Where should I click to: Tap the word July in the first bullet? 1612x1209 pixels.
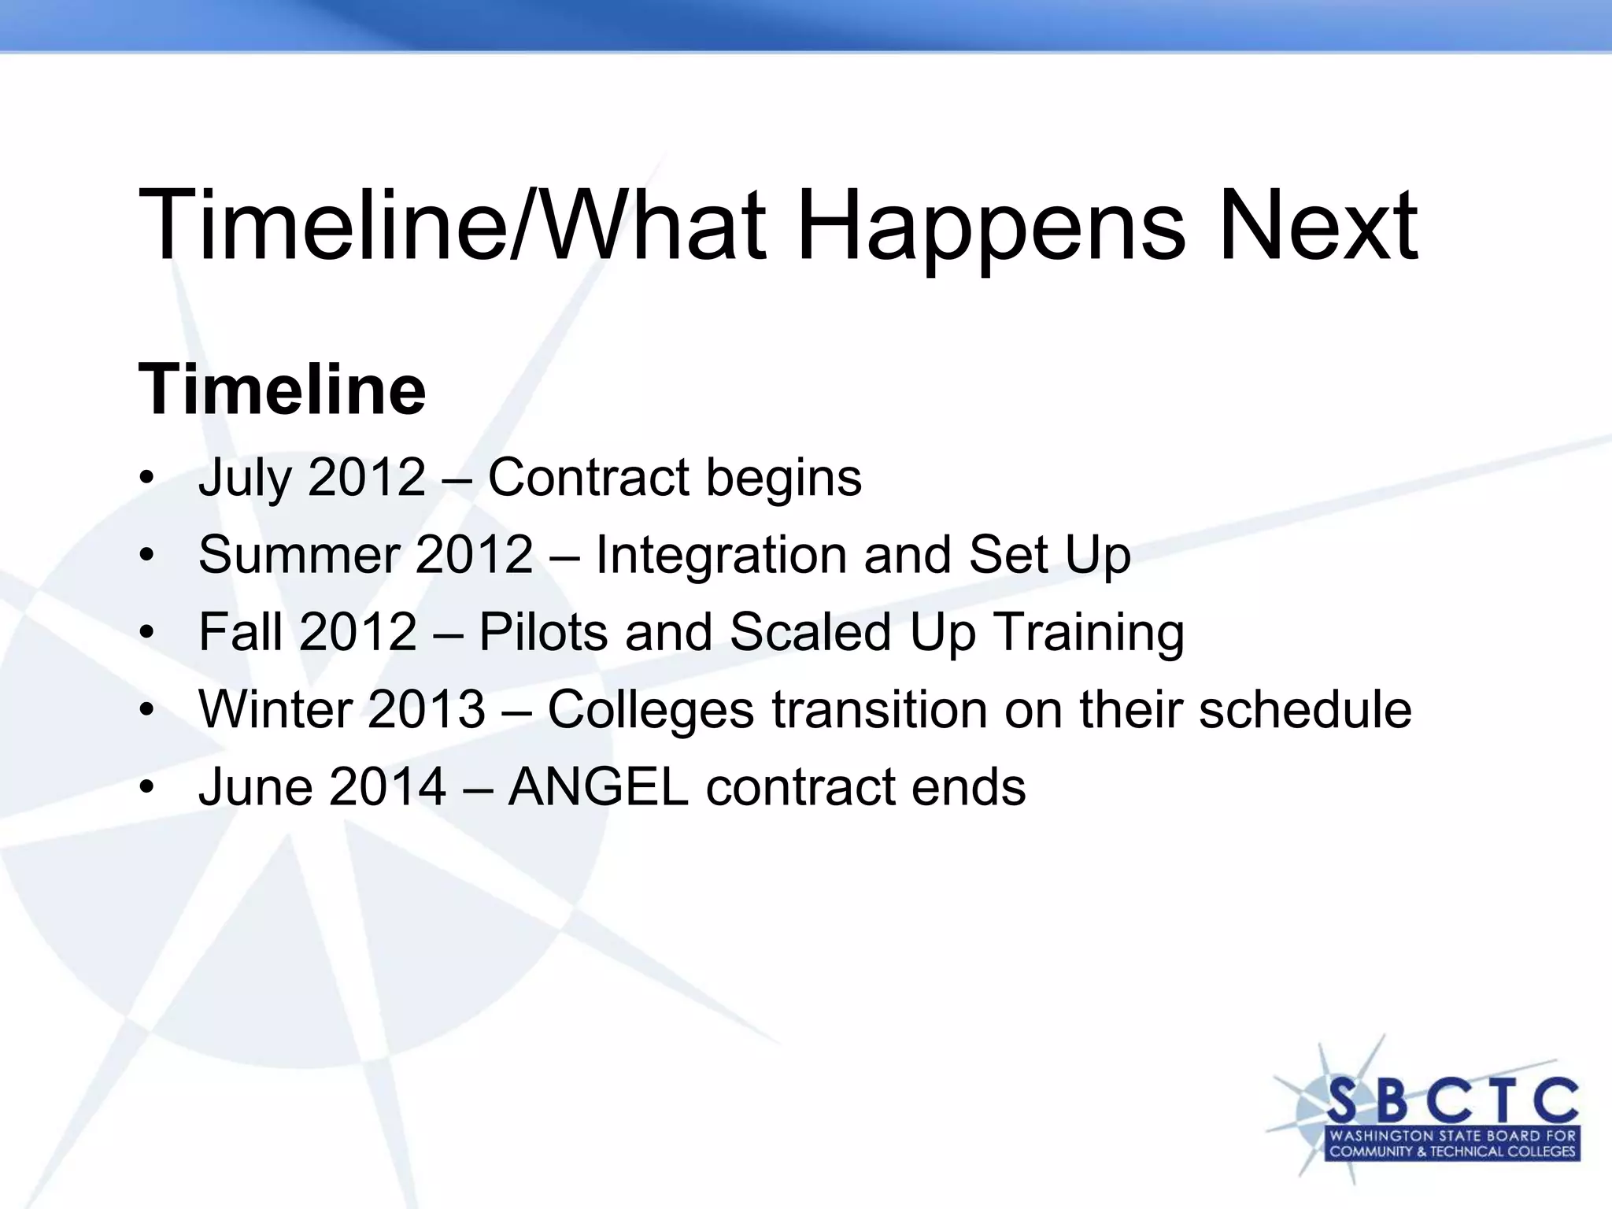click(x=244, y=478)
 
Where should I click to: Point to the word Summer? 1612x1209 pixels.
click(x=298, y=555)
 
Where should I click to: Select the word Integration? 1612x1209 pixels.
click(x=721, y=555)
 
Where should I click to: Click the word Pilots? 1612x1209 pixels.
click(x=543, y=632)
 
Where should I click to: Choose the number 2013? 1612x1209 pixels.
click(x=426, y=709)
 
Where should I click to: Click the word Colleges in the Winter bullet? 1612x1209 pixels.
click(x=650, y=709)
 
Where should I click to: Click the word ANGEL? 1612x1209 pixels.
click(x=598, y=786)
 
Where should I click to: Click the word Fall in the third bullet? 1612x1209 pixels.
click(x=240, y=632)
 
